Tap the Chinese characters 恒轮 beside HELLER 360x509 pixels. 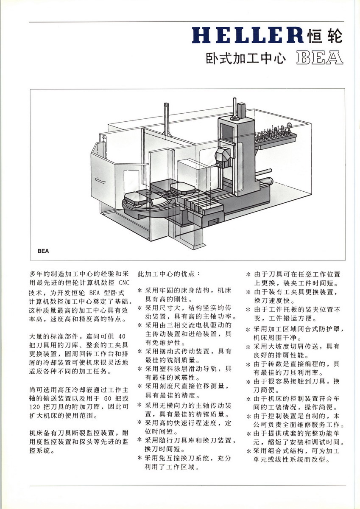click(324, 36)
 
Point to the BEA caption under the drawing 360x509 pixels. click(43, 251)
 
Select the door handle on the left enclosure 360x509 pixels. click(100, 181)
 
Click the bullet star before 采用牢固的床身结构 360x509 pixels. click(140, 291)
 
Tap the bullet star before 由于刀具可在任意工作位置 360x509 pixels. click(249, 274)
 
